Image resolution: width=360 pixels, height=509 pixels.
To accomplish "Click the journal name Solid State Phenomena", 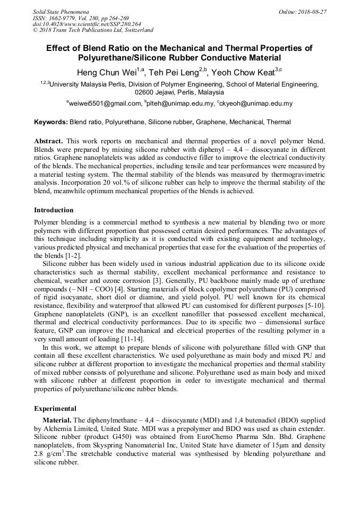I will click(x=61, y=12).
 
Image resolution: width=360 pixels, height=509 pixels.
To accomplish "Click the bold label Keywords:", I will click(x=51, y=122).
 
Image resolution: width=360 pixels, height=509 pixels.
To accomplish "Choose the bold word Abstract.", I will click(x=49, y=142).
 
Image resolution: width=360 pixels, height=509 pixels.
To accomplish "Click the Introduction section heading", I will click(x=54, y=210).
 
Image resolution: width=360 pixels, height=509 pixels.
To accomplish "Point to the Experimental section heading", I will click(x=55, y=409).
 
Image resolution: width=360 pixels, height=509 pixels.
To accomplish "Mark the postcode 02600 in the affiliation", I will click(x=145, y=92).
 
